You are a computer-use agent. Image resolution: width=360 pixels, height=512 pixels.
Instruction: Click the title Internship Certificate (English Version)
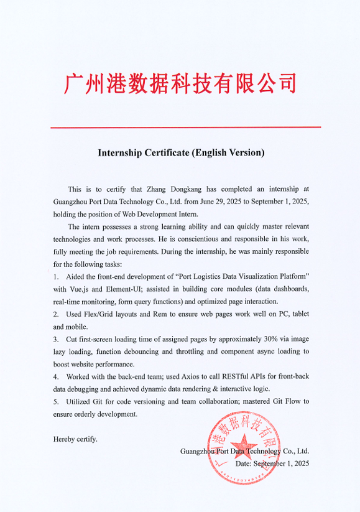tap(180, 152)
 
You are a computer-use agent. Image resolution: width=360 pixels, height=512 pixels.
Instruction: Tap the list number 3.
tap(56, 339)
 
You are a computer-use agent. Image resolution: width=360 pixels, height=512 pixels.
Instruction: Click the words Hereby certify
tap(75, 439)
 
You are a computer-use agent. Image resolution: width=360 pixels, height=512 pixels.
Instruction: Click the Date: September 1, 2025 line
tap(272, 463)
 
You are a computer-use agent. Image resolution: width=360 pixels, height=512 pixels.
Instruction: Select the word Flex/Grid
tap(99, 314)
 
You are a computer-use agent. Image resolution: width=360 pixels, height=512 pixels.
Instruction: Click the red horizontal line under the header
tap(185, 128)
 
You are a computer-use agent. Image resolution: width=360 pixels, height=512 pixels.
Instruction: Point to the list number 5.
tap(56, 401)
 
